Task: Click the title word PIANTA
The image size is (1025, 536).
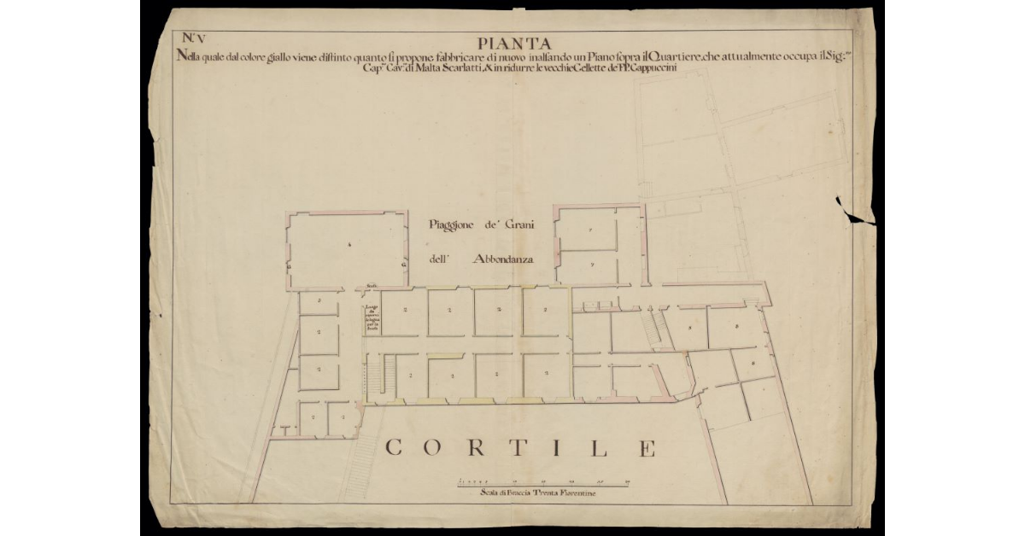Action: click(514, 43)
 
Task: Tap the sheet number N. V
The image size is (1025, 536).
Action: click(194, 37)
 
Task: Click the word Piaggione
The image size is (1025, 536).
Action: click(455, 226)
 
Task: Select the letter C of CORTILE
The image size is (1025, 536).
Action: click(395, 447)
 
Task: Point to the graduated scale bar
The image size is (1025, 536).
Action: click(543, 483)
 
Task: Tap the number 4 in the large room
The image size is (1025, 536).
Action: click(350, 245)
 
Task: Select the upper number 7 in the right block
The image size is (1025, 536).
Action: click(590, 231)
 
